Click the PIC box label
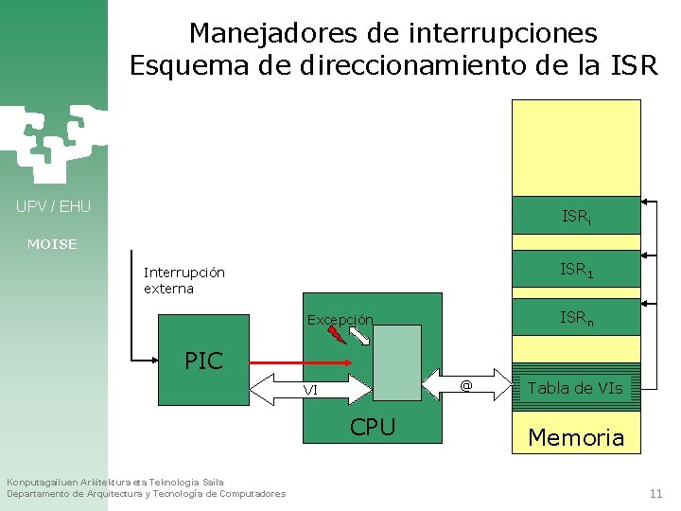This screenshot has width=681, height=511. pyautogui.click(x=203, y=361)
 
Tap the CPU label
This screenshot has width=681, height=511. pyautogui.click(x=373, y=427)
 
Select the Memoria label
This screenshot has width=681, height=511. pyautogui.click(x=576, y=437)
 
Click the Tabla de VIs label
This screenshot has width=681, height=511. pyautogui.click(x=575, y=387)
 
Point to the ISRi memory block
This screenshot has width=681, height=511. pyautogui.click(x=576, y=216)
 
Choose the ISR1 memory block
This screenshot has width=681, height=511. pyautogui.click(x=576, y=270)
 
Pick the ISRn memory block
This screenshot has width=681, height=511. pyautogui.click(x=576, y=319)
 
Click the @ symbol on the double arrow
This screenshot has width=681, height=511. pyautogui.click(x=465, y=385)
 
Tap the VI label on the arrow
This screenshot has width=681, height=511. pyautogui.click(x=310, y=390)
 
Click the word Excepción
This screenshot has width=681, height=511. pyautogui.click(x=340, y=320)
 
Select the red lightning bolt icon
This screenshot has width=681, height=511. pyautogui.click(x=335, y=333)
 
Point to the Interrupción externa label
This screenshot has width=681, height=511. pyautogui.click(x=183, y=280)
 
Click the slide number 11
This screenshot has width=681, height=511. pyautogui.click(x=655, y=493)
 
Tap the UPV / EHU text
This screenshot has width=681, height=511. pyautogui.click(x=53, y=206)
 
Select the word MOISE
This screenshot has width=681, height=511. pyautogui.click(x=53, y=244)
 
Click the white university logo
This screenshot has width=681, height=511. pyautogui.click(x=52, y=142)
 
